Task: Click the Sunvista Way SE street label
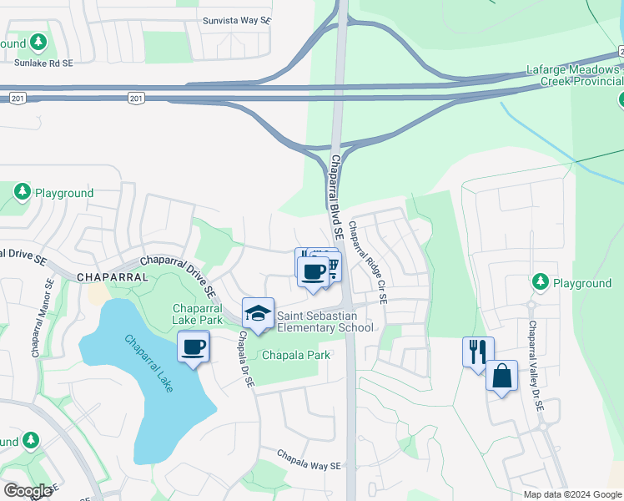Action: pos(237,20)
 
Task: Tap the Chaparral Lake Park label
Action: pos(198,314)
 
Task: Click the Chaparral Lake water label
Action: pos(153,365)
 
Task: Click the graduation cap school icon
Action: pos(259,314)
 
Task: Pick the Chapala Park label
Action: pos(296,355)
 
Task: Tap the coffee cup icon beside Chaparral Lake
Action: pos(194,347)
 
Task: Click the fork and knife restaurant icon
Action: pos(479,351)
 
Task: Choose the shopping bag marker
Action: pos(502,376)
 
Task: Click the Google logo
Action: pos(28,490)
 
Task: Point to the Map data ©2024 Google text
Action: pos(572,494)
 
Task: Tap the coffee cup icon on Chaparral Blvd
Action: pos(313,271)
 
